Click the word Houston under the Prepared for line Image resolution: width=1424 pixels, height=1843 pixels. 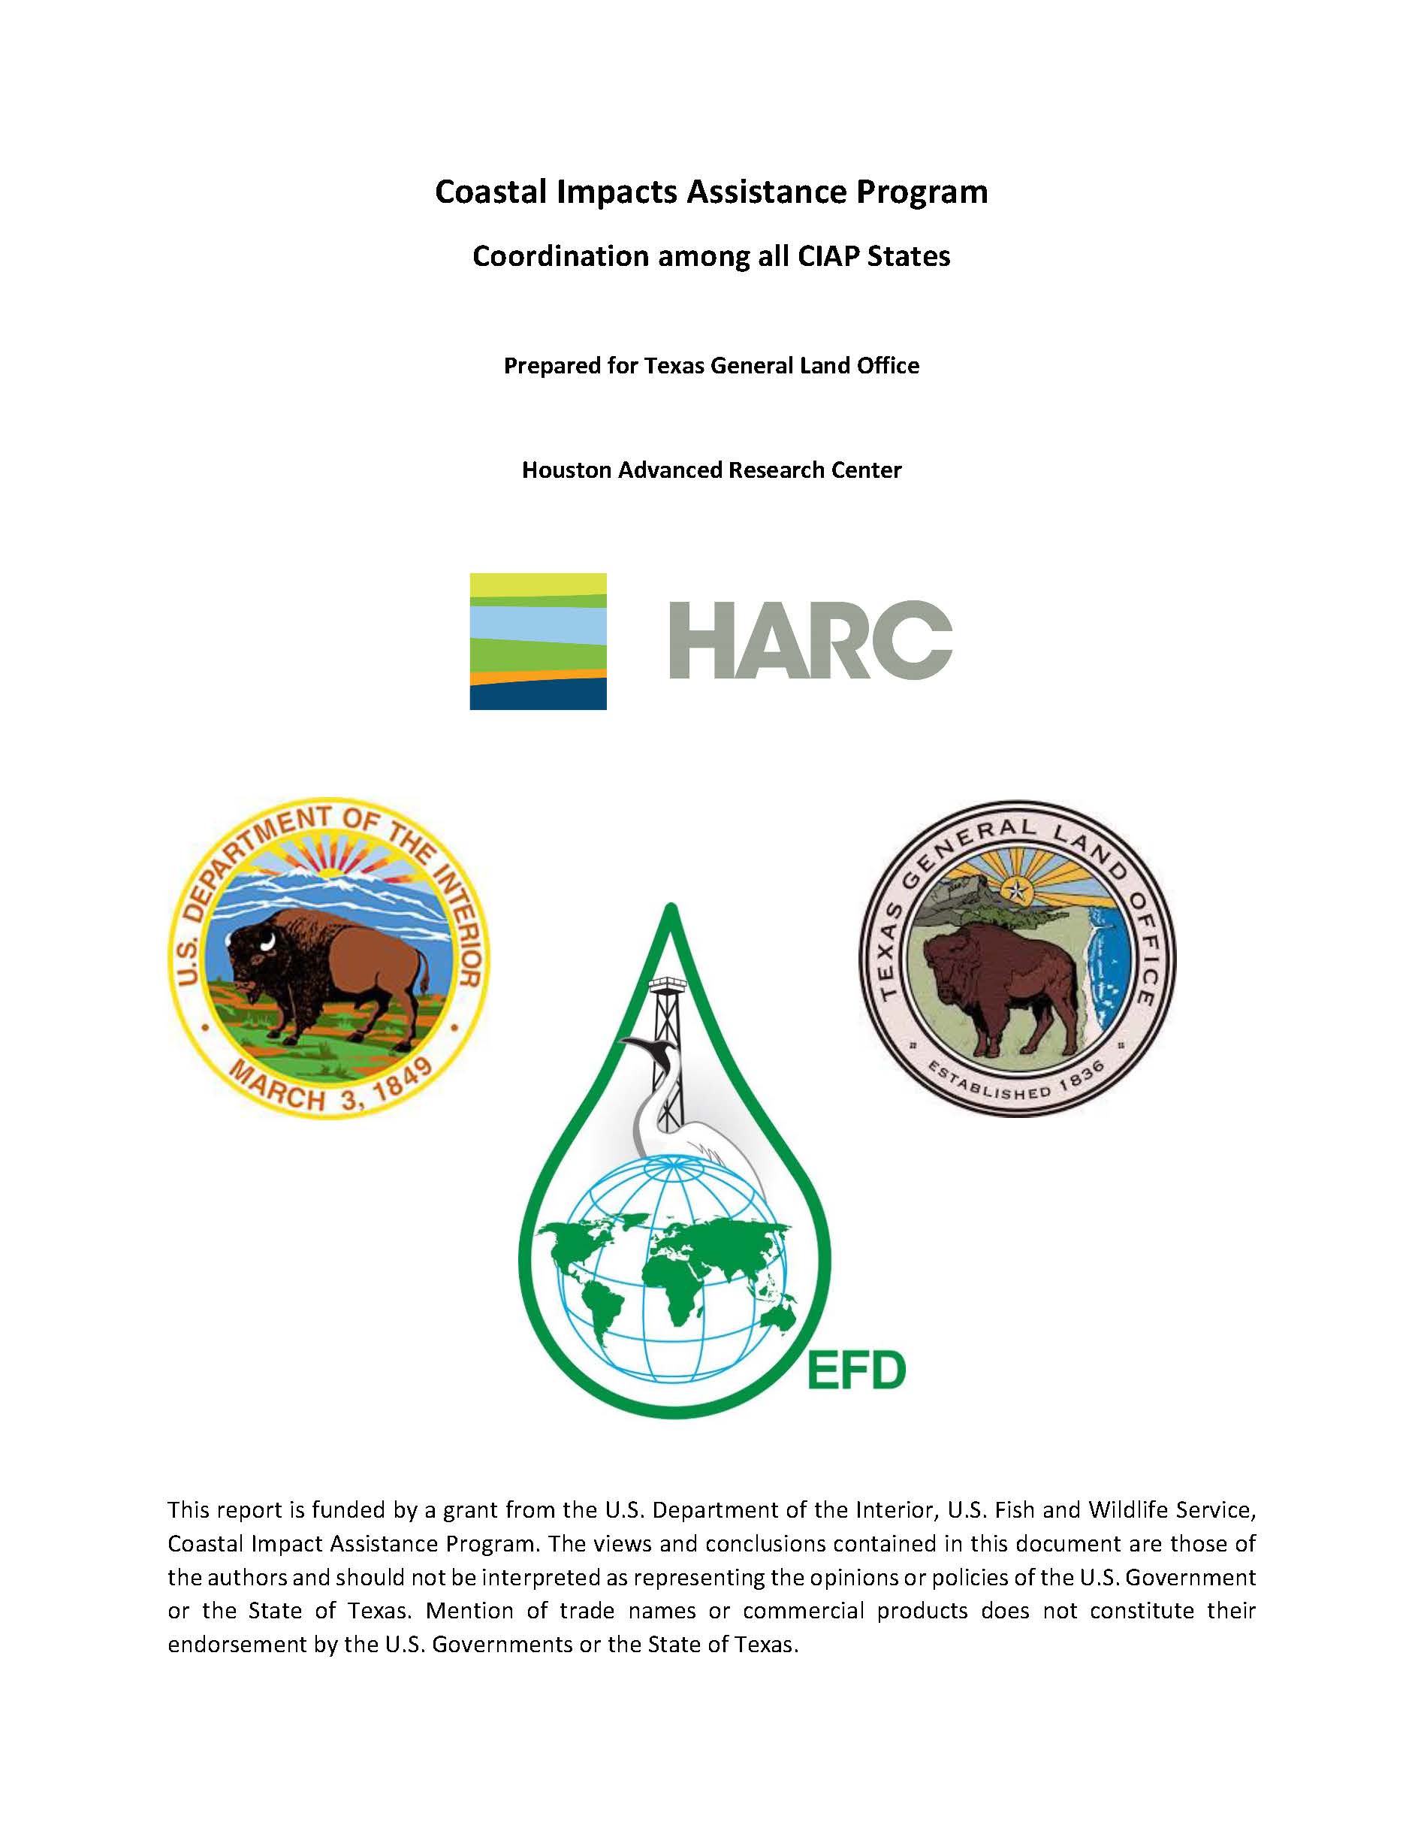(x=566, y=470)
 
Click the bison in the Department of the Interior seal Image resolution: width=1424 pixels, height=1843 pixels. (x=329, y=971)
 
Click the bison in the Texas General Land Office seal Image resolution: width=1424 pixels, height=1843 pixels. (x=1000, y=987)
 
